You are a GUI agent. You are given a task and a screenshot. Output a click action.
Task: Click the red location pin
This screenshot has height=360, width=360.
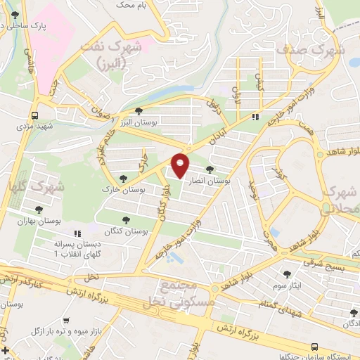181,166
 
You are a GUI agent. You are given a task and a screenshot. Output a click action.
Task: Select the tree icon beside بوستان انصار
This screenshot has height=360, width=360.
210,169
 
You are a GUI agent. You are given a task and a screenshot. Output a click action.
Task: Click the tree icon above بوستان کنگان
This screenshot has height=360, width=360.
127,220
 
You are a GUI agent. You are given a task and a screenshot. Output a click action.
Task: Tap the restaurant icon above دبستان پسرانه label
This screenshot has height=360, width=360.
79,233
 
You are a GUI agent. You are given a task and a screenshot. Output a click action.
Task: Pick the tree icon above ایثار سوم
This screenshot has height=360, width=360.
286,274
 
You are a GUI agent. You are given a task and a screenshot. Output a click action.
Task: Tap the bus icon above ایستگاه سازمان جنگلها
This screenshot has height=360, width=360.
315,347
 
